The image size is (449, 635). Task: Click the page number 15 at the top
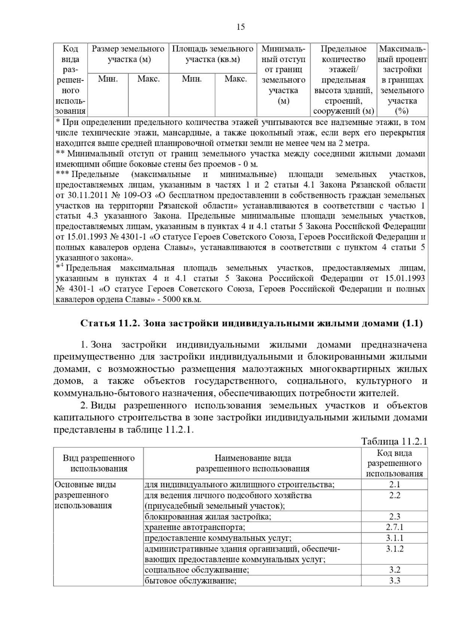coord(241,27)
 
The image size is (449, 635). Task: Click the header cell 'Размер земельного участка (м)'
coord(128,54)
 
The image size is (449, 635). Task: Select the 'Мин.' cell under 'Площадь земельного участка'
coord(192,79)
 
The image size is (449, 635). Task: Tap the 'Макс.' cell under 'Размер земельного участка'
coord(149,79)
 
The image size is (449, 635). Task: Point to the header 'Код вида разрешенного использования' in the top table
coord(70,80)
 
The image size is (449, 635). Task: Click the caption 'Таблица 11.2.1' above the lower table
coord(394,441)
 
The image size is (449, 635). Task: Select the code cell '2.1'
coord(394,485)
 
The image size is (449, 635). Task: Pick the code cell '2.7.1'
coord(394,527)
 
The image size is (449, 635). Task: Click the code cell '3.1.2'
coord(394,549)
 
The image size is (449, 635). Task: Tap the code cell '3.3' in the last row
coord(394,581)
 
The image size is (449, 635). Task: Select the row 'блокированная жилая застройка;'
coord(208,517)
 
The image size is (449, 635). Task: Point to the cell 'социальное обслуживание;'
coord(197,570)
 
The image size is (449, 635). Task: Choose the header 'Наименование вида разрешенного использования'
coord(253,463)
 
